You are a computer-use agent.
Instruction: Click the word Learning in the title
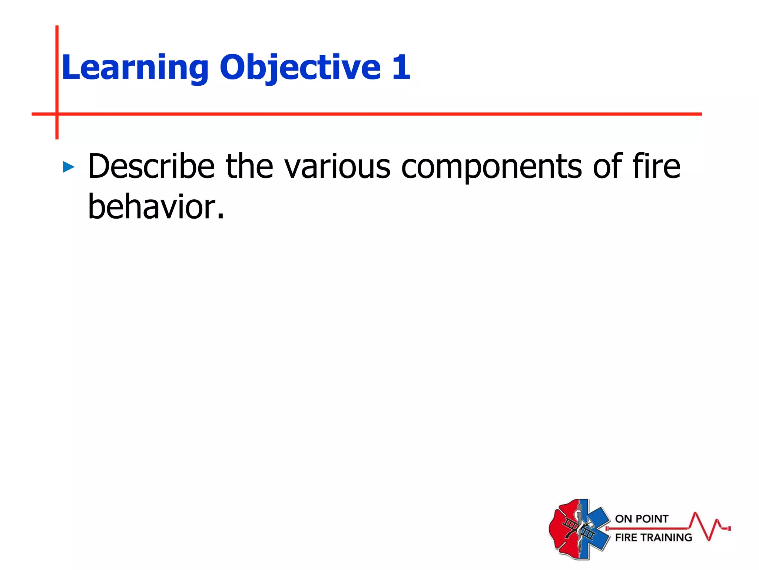coord(135,68)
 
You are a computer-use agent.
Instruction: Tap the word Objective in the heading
coord(300,68)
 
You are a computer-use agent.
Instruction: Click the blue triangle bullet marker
coord(69,167)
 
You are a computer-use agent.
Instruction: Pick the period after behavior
coord(221,217)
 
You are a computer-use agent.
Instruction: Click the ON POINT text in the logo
coord(642,519)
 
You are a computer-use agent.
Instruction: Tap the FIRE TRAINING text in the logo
coord(653,537)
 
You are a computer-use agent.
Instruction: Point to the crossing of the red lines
coord(57,114)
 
